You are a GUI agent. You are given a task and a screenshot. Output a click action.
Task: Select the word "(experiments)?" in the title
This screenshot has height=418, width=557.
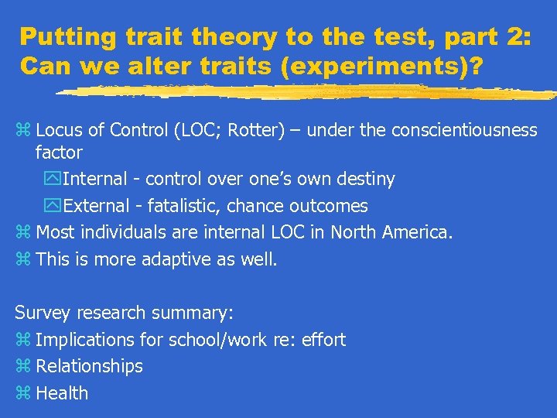tap(382, 67)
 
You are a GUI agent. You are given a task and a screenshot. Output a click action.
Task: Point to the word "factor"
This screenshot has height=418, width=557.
tap(59, 153)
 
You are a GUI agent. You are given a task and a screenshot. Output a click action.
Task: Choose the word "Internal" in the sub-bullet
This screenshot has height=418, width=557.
tap(93, 180)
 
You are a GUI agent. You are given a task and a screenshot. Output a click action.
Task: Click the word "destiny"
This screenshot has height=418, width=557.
tap(367, 180)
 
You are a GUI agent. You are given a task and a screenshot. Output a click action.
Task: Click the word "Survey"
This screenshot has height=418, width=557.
tap(42, 313)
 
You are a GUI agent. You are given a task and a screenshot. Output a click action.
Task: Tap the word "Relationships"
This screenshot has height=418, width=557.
tap(90, 366)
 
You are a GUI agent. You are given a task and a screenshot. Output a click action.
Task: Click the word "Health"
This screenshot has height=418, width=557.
tap(62, 393)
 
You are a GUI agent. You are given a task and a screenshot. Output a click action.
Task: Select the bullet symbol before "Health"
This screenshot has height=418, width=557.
tap(22, 393)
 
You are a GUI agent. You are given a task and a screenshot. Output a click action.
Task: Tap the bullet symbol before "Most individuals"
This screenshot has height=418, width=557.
tap(22, 232)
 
